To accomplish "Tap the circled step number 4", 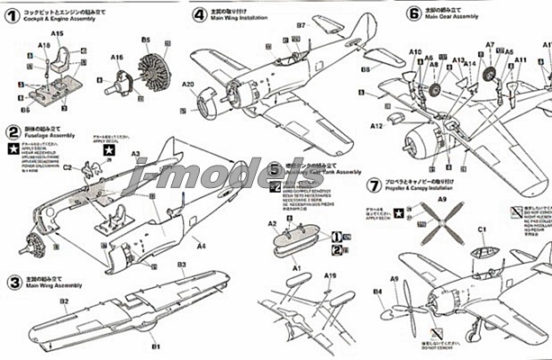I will tap(199, 14).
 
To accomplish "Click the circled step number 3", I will tap(13, 281).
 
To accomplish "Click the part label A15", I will tap(57, 33).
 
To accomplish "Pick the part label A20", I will tap(187, 85).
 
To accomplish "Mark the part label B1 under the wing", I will tap(155, 346).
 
